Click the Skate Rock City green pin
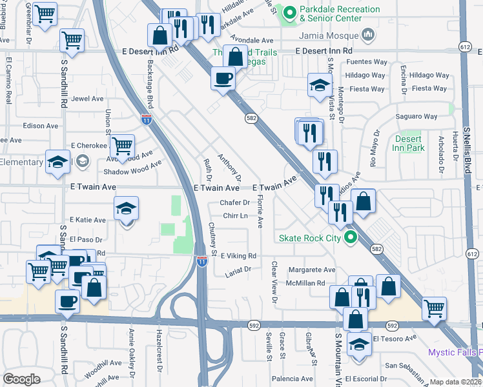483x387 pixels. click(351, 238)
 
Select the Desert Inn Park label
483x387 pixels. click(407, 143)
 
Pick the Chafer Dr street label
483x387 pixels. click(234, 203)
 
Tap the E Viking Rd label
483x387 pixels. click(238, 256)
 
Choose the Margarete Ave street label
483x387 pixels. click(312, 270)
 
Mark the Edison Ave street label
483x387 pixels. click(40, 126)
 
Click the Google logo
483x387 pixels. click(21, 379)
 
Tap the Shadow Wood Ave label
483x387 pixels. click(132, 170)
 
